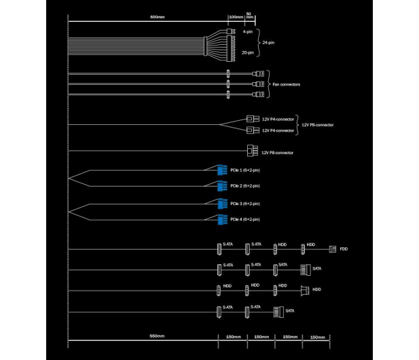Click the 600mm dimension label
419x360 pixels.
coord(157,17)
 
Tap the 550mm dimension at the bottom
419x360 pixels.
coord(157,336)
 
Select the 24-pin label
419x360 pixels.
coord(268,43)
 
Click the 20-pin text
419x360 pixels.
coord(248,53)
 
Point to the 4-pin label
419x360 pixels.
coord(248,32)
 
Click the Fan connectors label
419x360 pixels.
coord(286,84)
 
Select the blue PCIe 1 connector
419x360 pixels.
coord(222,170)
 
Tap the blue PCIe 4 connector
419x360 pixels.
coord(222,219)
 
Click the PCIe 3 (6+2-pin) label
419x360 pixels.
coord(245,204)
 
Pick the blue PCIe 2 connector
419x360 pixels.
coord(222,186)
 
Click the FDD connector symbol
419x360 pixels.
coord(333,249)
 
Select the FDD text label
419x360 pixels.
coord(344,249)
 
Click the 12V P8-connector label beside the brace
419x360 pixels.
coord(317,125)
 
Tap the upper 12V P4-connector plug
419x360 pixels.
coord(253,119)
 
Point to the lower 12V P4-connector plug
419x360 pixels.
coord(253,130)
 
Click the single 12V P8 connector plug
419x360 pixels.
coord(253,151)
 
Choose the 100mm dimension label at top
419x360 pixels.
coord(236,17)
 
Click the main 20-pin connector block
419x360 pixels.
coord(231,48)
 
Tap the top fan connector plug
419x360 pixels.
coord(258,73)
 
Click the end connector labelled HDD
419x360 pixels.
coord(305,290)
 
